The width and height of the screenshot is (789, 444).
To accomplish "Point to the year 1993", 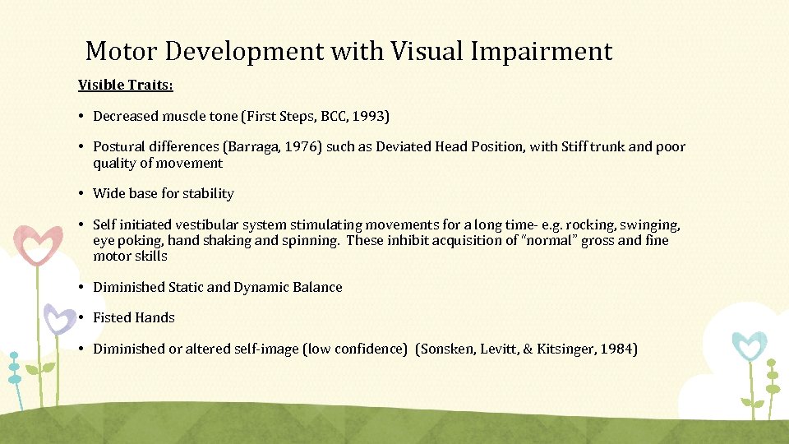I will point(371,117).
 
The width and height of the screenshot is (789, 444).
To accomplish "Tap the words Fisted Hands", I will point(134,318).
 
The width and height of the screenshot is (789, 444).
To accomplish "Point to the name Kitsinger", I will point(568,349).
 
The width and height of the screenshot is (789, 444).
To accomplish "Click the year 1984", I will point(618,349).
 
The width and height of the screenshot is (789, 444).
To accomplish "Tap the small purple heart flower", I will point(59,318).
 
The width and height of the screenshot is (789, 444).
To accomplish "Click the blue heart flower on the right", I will point(749,345).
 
